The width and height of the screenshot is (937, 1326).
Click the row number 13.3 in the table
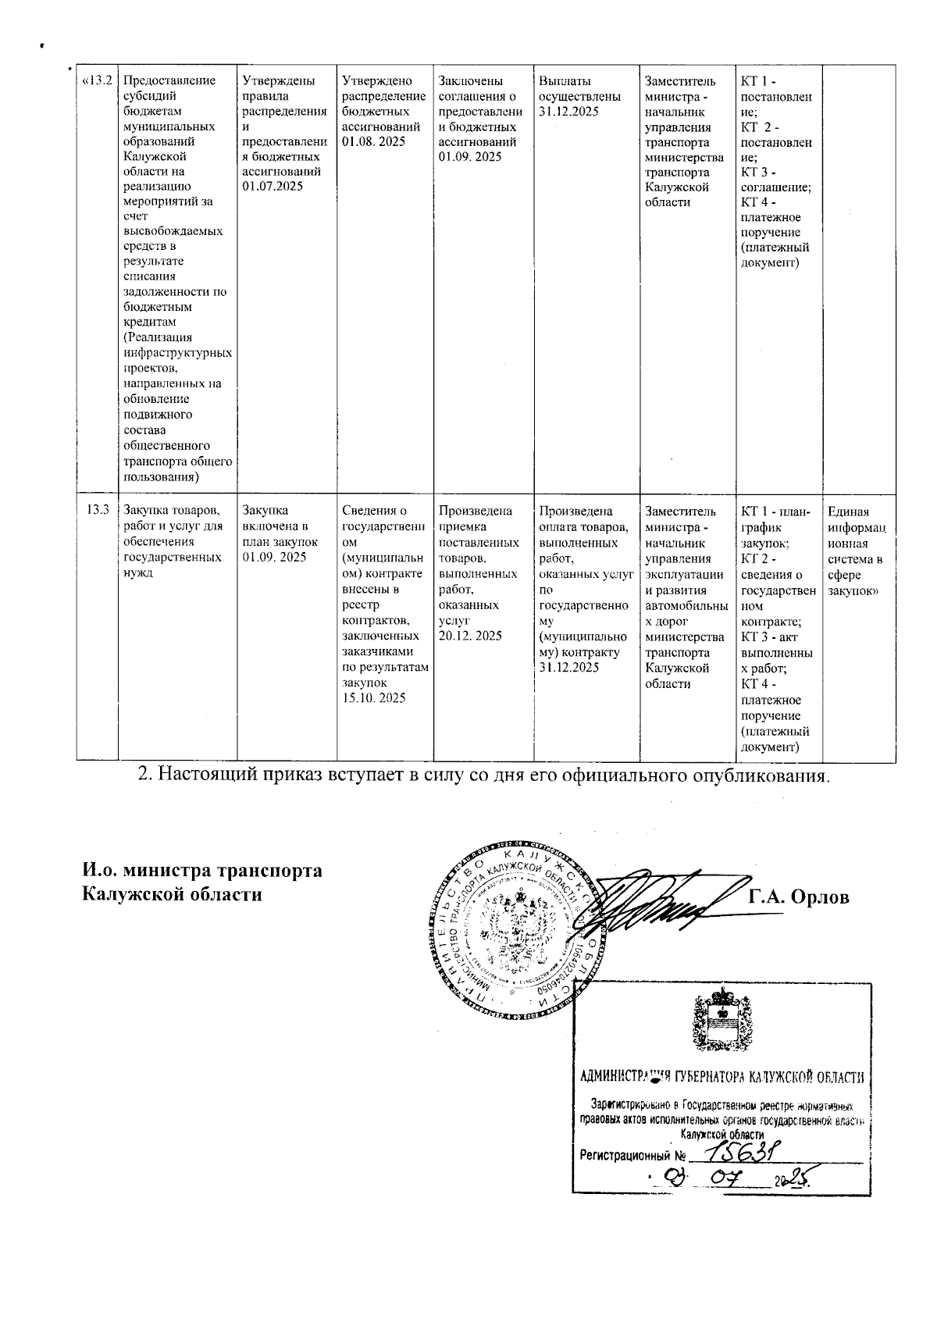[x=98, y=512]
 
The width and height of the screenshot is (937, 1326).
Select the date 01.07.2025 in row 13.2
[x=273, y=187]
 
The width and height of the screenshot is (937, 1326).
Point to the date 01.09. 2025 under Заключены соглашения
[x=470, y=157]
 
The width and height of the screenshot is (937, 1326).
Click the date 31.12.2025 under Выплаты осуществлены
[x=568, y=112]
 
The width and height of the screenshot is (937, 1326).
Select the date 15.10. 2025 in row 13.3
[x=374, y=698]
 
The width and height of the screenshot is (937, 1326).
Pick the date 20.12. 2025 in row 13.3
[x=470, y=636]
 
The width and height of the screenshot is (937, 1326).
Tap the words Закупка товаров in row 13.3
[x=162, y=512]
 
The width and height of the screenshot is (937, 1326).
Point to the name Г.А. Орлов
[x=798, y=897]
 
